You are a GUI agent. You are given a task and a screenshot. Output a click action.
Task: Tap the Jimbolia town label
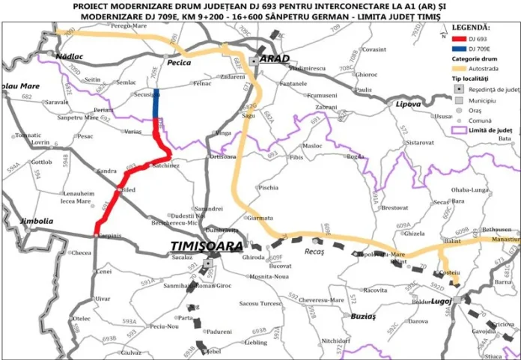point(36,222)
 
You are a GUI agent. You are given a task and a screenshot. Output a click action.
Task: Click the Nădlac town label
point(70,56)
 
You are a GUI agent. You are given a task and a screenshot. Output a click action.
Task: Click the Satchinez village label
point(165,165)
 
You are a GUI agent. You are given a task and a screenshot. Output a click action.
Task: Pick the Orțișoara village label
point(223,156)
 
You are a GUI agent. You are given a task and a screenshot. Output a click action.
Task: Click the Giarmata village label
point(260,218)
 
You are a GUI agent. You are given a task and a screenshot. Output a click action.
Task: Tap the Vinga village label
point(223,132)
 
